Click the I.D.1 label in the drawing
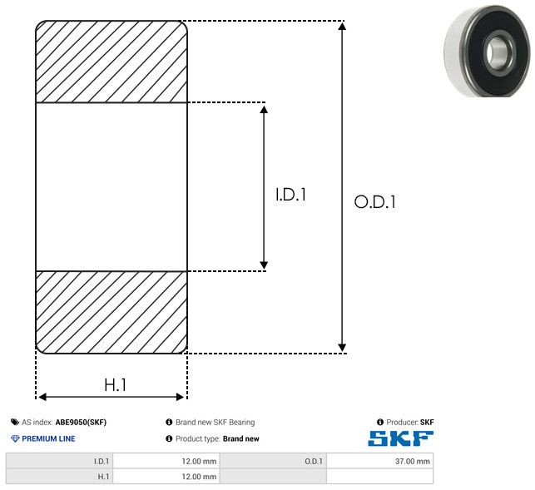tap(290, 195)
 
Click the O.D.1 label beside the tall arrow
tap(375, 201)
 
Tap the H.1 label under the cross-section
tap(116, 385)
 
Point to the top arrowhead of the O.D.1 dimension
tap(342, 26)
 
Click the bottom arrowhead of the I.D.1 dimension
tap(264, 265)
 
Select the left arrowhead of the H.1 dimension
tap(42, 397)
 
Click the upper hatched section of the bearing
tap(111, 62)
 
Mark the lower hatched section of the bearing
tap(111, 312)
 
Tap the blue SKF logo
tap(401, 438)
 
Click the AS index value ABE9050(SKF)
tap(81, 422)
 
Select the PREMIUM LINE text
tap(48, 438)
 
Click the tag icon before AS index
tap(15, 422)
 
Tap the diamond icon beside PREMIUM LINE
tap(15, 438)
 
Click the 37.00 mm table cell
tap(380, 461)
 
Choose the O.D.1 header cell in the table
tap(273, 461)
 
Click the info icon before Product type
tap(169, 438)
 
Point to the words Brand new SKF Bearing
tap(215, 422)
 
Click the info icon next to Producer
tap(380, 422)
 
